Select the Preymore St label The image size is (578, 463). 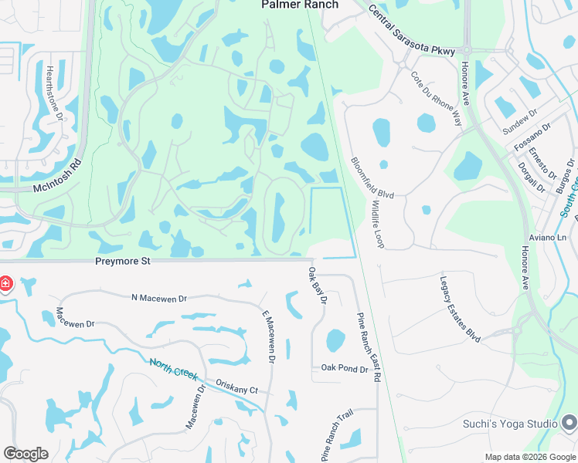[x=122, y=261]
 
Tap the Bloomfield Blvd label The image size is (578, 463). [x=372, y=178]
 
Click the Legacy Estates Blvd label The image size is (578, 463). [x=460, y=309]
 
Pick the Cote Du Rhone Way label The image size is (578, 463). [x=436, y=99]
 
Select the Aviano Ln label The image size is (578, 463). [x=549, y=237]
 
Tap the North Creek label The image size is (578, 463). [x=174, y=369]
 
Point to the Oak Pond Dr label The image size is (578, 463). [x=345, y=369]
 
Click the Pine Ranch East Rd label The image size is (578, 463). [x=369, y=347]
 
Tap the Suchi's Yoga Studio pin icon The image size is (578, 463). [x=569, y=423]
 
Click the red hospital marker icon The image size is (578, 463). [x=5, y=284]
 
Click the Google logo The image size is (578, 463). [x=26, y=453]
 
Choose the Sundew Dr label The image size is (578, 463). [x=518, y=118]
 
